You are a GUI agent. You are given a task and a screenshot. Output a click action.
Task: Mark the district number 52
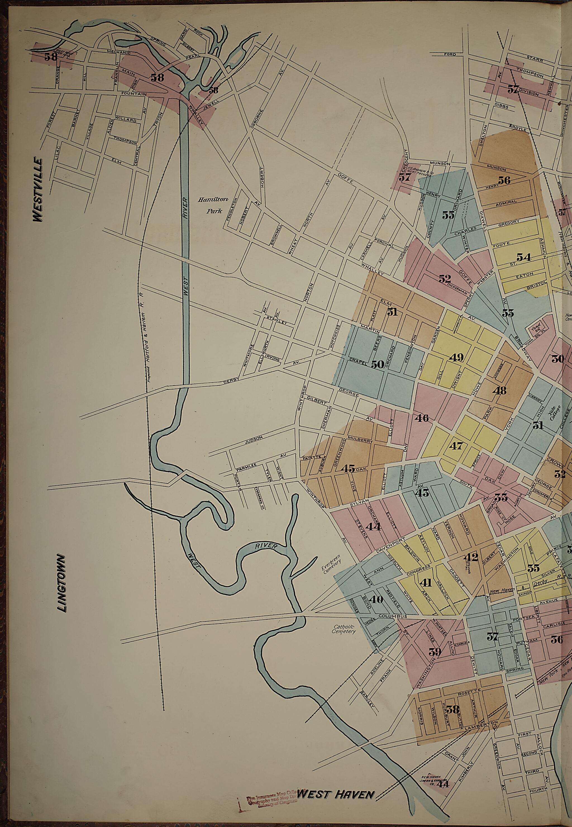(445, 279)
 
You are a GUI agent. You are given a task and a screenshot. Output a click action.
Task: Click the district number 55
(448, 215)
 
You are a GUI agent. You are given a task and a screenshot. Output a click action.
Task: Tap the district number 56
(504, 180)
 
